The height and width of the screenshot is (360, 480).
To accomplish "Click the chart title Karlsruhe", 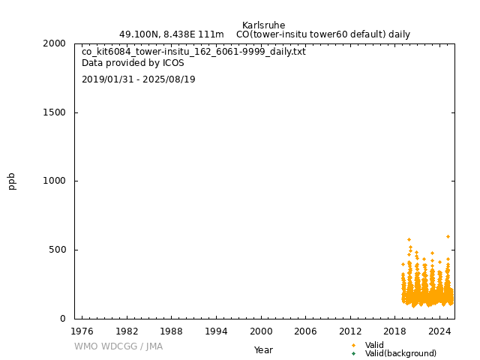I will pos(263,25).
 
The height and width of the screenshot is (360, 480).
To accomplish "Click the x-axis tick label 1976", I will pos(82,331).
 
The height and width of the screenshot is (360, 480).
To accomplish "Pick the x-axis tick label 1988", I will pos(171,331).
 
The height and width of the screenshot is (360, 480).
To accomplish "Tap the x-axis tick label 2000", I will pos(261,331).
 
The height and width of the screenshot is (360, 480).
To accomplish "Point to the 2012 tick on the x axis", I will pos(350,331).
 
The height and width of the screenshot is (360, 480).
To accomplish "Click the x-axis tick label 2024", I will pos(440,331).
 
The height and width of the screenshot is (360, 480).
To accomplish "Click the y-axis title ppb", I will pos(12,181).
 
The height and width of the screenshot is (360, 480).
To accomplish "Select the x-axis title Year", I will pos(263,350).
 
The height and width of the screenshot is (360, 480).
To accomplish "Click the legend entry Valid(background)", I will pos(400,354).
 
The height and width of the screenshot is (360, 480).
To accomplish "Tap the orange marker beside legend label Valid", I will pos(353,345).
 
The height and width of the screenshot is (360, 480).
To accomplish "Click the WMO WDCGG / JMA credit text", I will pos(118,346).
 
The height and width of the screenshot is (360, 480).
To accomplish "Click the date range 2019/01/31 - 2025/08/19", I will pos(139,79).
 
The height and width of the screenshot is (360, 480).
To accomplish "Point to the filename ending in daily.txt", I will pos(193,52).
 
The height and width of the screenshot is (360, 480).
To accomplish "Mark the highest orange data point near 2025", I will pos(448,237).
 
